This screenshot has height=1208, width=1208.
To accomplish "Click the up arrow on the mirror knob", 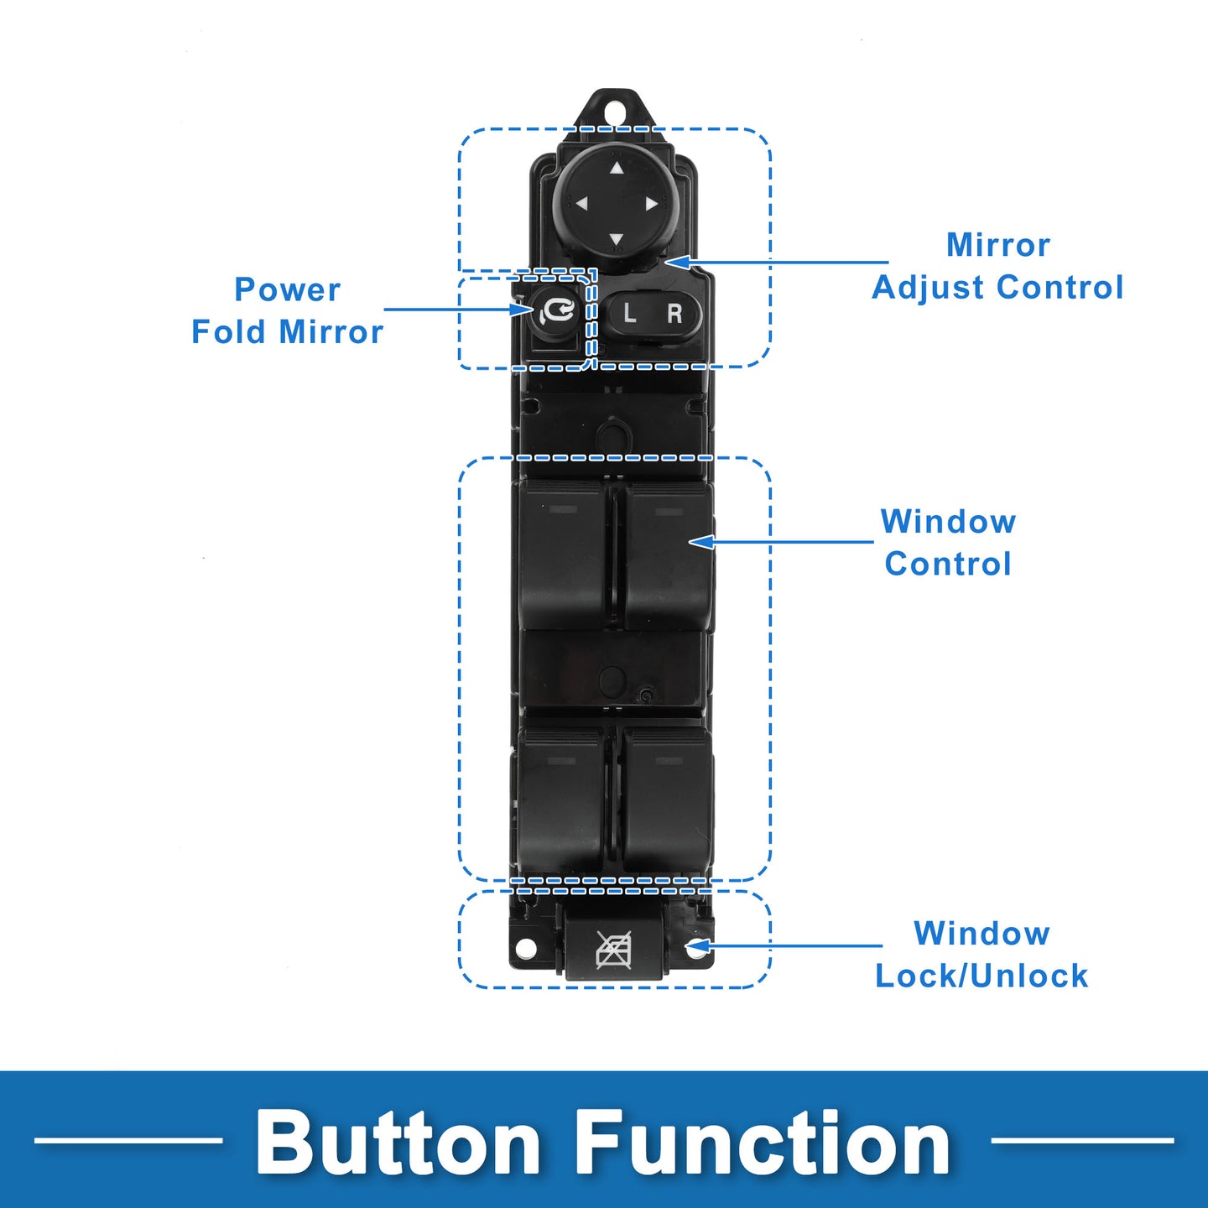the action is tap(617, 168).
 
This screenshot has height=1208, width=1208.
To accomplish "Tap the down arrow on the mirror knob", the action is tap(617, 239).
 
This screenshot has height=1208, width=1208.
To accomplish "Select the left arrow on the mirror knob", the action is tap(581, 204).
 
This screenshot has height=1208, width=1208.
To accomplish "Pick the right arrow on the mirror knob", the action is tap(652, 205).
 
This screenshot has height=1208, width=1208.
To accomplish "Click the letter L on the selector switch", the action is tap(629, 312).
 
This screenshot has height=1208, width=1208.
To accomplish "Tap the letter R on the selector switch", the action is tap(674, 313).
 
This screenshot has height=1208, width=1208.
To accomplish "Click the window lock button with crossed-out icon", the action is tap(614, 949).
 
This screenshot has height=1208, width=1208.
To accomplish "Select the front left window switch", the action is tap(562, 555).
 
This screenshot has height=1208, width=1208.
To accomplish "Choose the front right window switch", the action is tap(669, 555).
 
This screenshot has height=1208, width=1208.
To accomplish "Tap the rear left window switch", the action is tap(561, 799).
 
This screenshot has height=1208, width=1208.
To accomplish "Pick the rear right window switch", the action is tap(668, 799).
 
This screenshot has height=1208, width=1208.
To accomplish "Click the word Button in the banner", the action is tap(398, 1143).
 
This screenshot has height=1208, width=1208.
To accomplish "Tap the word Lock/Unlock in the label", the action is tap(981, 976).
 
